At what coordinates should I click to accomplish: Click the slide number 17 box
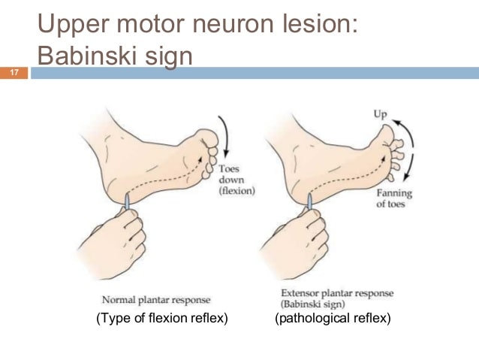point(14,73)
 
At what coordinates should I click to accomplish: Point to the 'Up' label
point(381,115)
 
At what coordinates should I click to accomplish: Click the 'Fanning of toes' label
point(394,198)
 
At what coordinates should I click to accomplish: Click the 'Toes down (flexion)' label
point(236,180)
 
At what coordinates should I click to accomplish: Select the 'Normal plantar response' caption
point(156,300)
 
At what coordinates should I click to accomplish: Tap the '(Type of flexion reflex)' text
point(162,318)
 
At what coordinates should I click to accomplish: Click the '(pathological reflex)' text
point(333,318)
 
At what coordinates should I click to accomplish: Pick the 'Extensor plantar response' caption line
point(337,293)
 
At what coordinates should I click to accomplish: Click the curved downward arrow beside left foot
point(227,135)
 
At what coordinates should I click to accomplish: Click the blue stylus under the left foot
point(127,202)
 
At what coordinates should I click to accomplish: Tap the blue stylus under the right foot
point(310,202)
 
